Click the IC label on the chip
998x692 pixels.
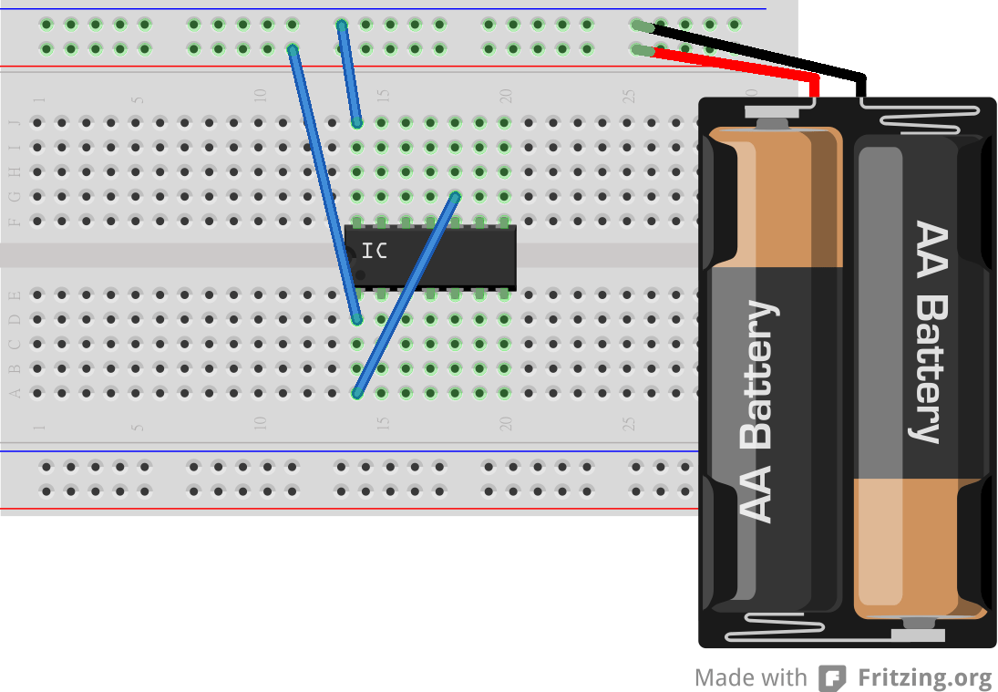pos(374,251)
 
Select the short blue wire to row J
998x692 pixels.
pos(349,73)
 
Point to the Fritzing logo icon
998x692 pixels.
pos(831,678)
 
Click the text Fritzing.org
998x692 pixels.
pos(924,678)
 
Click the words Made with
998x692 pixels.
pos(750,678)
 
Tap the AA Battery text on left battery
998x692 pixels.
pos(757,410)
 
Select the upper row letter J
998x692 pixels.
pos(14,122)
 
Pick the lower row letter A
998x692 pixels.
pos(14,393)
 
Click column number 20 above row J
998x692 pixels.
pos(505,96)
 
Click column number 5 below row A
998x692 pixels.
pos(137,425)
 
